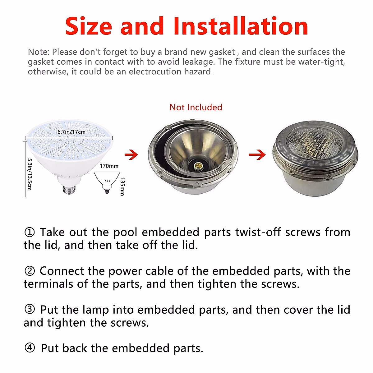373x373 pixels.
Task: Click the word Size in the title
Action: [x=89, y=26]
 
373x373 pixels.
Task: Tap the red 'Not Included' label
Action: [x=196, y=107]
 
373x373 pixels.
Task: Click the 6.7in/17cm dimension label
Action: [x=71, y=132]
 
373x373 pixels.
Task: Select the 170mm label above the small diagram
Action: [x=109, y=166]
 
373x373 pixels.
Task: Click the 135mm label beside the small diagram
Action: [x=122, y=186]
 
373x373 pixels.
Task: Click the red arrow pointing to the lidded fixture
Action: [x=257, y=154]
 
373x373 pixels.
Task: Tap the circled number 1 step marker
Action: [x=30, y=232]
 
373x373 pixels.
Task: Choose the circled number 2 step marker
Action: [x=30, y=271]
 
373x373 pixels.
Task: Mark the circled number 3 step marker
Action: [x=30, y=310]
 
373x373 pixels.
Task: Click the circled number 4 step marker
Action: [x=30, y=348]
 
